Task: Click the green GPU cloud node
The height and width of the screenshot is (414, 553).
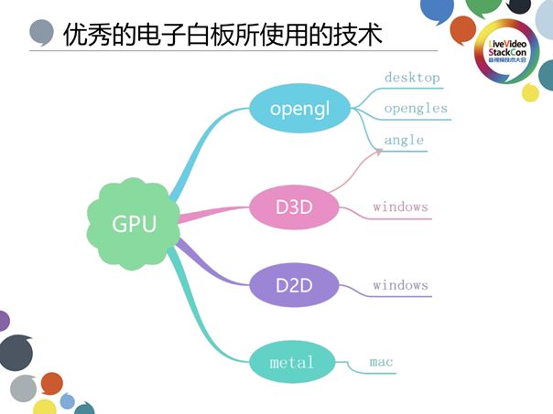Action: (x=134, y=223)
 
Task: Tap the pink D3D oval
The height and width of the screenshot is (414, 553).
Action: (x=294, y=207)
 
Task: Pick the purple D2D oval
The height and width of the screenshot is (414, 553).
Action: (x=294, y=285)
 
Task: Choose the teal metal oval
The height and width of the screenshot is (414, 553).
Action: (x=292, y=363)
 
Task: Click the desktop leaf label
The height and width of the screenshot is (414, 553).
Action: (x=412, y=78)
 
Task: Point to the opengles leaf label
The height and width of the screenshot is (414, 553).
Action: (x=416, y=109)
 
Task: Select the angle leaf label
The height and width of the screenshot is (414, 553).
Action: (x=404, y=140)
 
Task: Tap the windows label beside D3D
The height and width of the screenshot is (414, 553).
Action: (x=400, y=207)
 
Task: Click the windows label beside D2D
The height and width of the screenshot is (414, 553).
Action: (x=400, y=285)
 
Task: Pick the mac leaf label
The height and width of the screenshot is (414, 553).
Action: (x=381, y=363)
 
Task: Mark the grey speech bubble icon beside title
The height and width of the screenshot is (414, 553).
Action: (x=42, y=34)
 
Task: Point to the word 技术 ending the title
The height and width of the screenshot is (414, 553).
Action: (x=360, y=35)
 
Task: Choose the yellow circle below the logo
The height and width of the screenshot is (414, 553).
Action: (x=530, y=92)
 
